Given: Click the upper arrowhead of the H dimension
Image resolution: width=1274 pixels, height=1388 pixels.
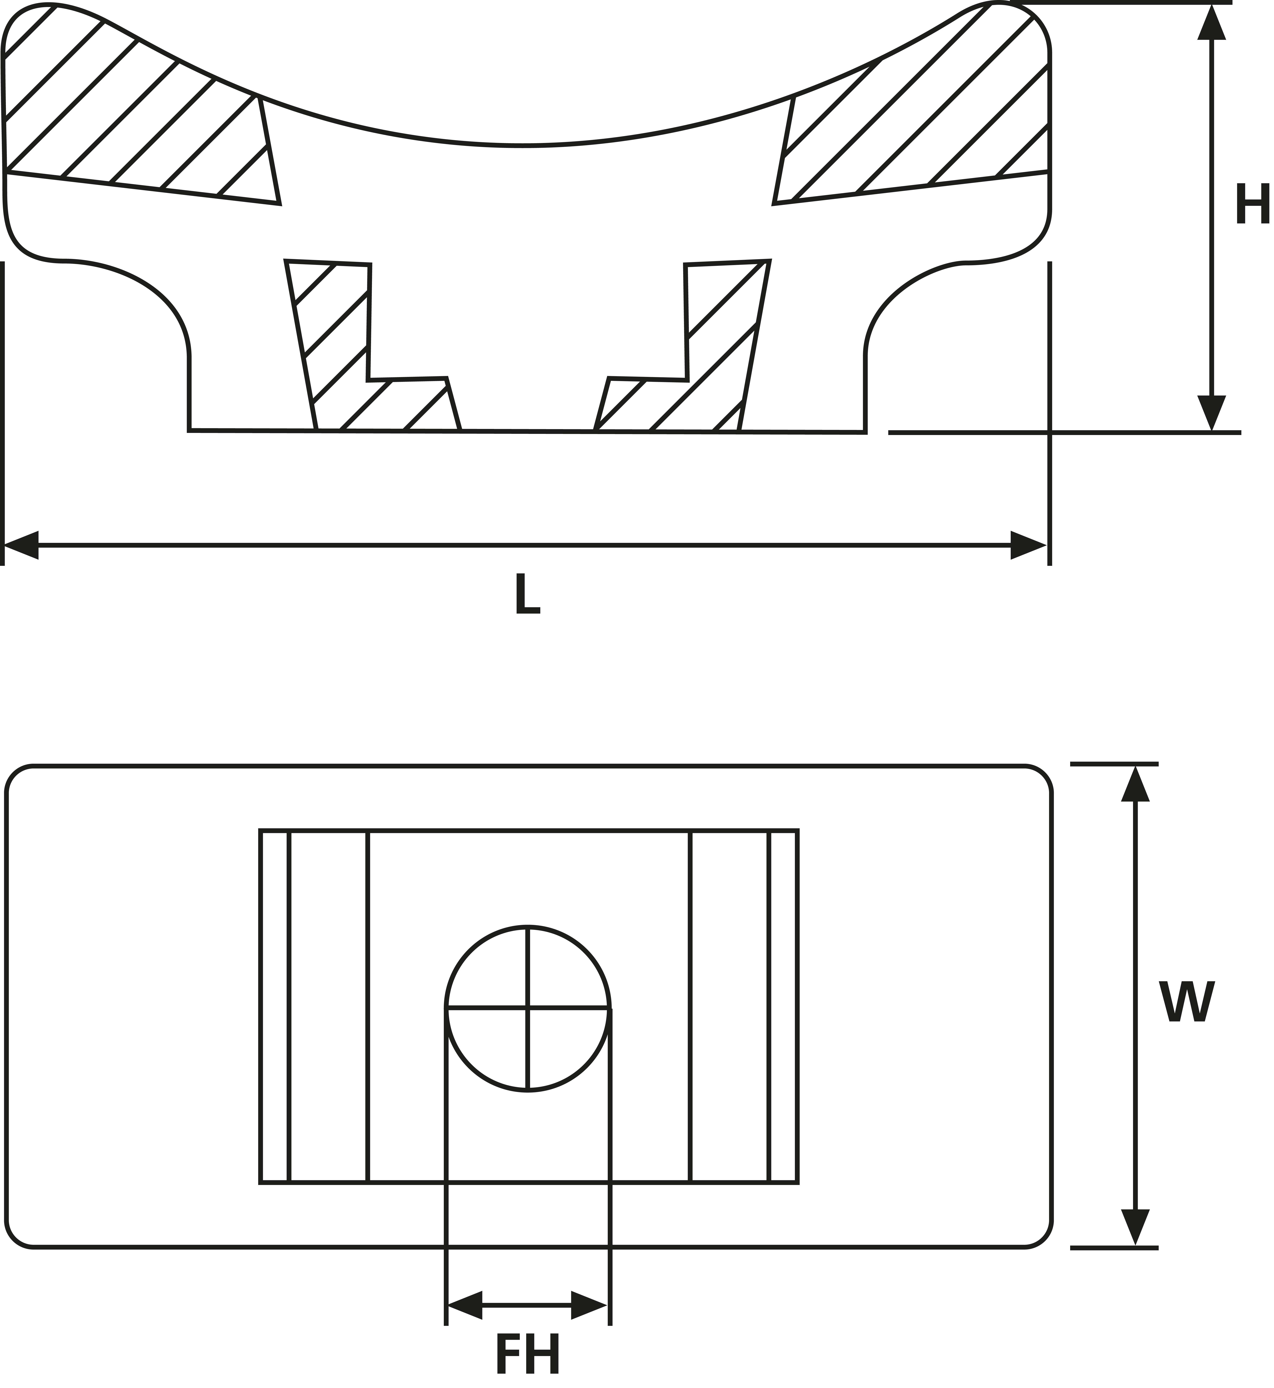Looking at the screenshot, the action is click(1211, 22).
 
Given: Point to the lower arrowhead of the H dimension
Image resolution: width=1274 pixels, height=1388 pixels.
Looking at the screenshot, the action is click(1211, 414).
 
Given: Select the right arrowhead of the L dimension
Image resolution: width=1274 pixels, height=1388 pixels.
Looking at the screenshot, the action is click(1029, 545).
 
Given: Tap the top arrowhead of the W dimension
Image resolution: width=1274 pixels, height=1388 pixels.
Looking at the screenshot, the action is click(1136, 784).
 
